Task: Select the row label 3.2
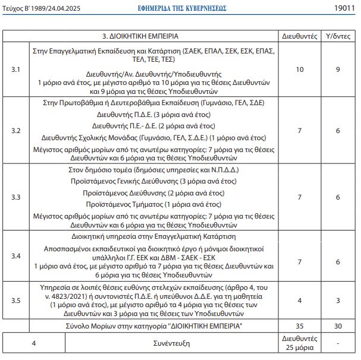point(16,130)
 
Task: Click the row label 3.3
point(16,197)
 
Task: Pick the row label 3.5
point(16,300)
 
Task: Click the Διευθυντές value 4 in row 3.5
point(300,300)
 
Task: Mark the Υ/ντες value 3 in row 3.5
point(338,300)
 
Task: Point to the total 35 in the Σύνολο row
point(300,326)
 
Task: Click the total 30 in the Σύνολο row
point(338,326)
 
